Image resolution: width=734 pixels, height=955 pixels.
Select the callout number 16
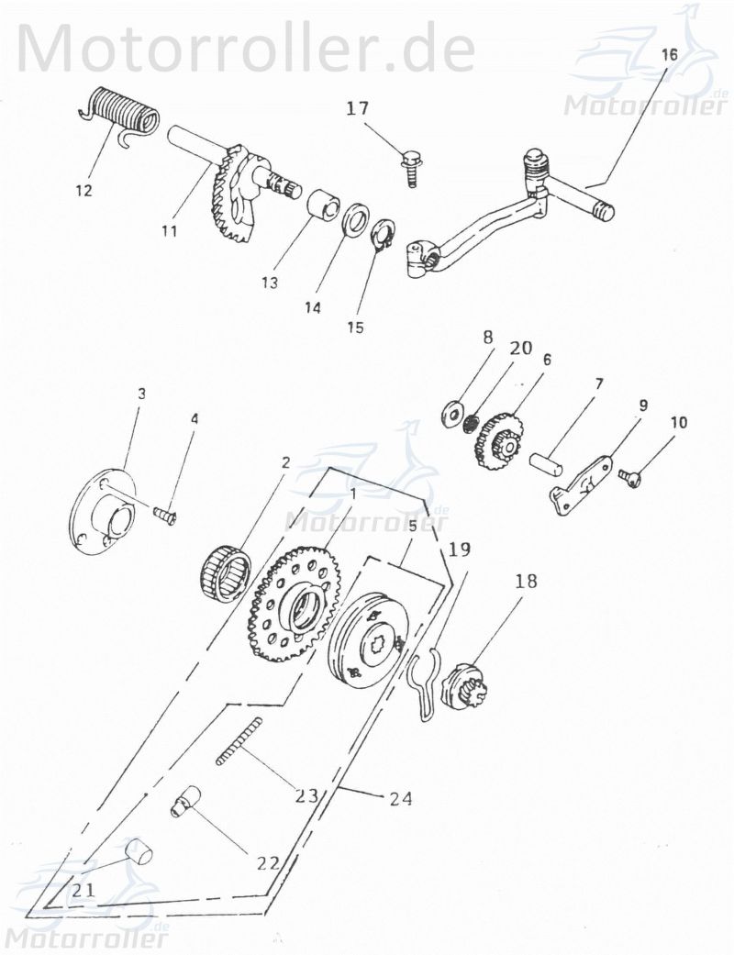click(670, 55)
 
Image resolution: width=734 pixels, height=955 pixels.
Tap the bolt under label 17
click(411, 165)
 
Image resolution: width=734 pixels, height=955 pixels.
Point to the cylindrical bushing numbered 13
click(321, 204)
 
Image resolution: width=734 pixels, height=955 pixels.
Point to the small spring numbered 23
click(239, 741)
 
